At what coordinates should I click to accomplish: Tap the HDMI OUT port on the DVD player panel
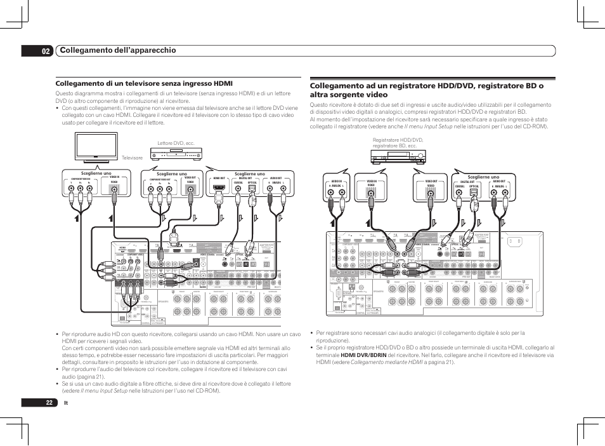[219, 189]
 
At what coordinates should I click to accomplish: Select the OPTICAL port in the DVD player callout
[252, 189]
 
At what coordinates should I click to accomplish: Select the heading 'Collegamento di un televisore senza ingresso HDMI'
[145, 83]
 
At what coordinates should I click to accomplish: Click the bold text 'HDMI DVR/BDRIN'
[358, 355]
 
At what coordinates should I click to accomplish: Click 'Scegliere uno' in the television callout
[96, 173]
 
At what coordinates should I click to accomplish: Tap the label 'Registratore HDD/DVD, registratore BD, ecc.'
[398, 143]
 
